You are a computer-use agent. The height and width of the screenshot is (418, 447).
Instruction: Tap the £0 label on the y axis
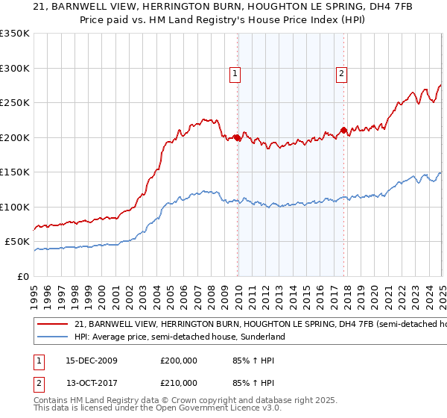click(x=22, y=276)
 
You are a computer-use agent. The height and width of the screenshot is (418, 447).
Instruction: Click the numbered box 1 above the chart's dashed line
click(x=235, y=73)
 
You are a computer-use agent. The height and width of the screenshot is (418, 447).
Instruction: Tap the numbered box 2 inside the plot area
click(x=341, y=73)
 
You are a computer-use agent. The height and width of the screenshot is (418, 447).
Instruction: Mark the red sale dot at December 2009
click(x=238, y=137)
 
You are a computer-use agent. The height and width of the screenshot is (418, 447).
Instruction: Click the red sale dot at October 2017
click(x=344, y=131)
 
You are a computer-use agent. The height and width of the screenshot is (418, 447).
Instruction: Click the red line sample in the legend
click(x=53, y=325)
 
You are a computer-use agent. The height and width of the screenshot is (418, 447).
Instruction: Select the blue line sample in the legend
click(x=53, y=337)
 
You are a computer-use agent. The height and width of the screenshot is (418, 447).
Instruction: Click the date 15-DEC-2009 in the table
click(x=92, y=361)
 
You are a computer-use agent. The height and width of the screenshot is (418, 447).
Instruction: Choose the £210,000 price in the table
click(x=179, y=383)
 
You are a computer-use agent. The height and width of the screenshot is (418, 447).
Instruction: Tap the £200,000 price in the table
click(x=179, y=361)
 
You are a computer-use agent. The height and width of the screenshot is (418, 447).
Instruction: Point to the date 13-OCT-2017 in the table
click(x=92, y=383)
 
